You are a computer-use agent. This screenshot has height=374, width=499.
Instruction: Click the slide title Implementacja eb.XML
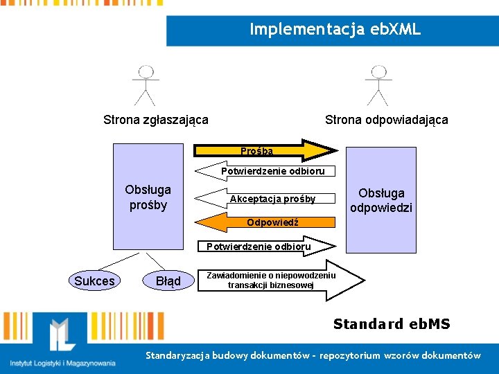click(x=335, y=30)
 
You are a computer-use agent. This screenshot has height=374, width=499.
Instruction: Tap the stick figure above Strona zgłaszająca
click(x=145, y=84)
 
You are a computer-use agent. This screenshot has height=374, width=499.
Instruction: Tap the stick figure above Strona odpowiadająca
click(x=378, y=84)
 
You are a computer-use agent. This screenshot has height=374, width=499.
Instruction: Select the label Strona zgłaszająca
click(x=155, y=120)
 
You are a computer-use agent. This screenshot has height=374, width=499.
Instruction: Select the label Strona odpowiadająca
click(x=386, y=120)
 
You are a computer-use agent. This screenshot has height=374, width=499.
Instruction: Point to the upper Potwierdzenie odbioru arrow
click(x=264, y=170)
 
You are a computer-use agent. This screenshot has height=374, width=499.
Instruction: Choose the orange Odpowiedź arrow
click(x=263, y=222)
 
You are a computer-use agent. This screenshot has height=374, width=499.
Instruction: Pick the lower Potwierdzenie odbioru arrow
click(x=264, y=246)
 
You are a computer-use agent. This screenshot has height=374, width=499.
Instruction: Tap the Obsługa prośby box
click(x=148, y=197)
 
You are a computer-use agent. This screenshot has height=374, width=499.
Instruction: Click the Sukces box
click(x=94, y=280)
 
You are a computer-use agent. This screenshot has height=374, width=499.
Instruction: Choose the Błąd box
click(x=168, y=280)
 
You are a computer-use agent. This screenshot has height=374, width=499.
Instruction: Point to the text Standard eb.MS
click(x=392, y=324)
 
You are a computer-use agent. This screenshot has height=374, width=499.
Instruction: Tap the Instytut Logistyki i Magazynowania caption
click(x=62, y=363)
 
